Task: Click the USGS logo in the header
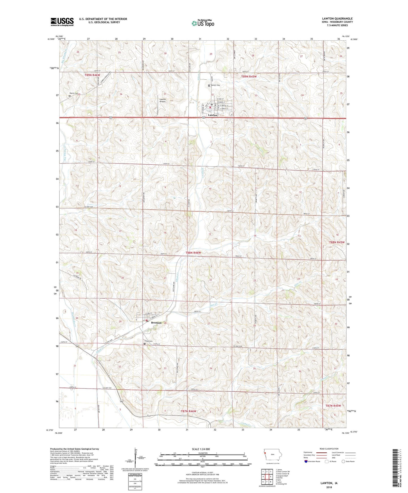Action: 62,22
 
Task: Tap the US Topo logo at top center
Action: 202,23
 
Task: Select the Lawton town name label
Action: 213,115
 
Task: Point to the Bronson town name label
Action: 156,323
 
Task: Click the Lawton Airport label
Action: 163,101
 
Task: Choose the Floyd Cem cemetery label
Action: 149,341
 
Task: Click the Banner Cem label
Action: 215,85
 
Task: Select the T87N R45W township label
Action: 335,406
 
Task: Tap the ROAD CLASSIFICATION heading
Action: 329,449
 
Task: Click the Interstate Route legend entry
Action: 312,461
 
